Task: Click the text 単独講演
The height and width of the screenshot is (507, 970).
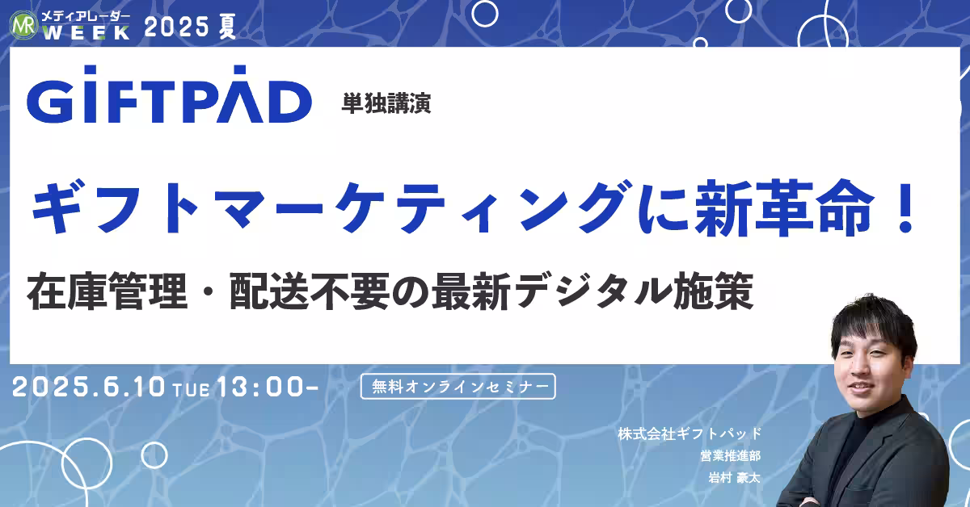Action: tap(386, 104)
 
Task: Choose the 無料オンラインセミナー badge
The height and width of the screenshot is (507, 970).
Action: tap(458, 387)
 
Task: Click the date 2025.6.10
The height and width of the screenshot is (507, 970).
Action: tap(90, 388)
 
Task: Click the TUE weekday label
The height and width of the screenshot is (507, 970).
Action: tap(192, 390)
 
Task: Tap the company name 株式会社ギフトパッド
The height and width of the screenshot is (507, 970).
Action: tap(690, 434)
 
